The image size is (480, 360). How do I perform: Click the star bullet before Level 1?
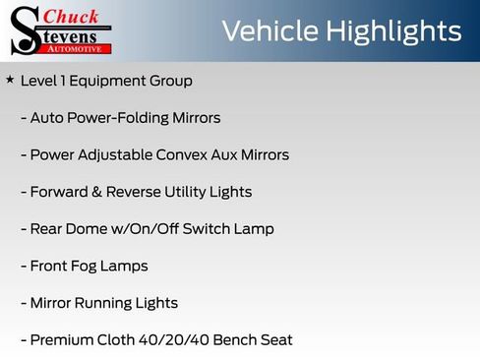click(10, 80)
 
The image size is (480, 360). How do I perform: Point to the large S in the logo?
click(24, 31)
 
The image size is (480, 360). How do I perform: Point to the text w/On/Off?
click(149, 229)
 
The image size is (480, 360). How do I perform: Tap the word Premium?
click(61, 340)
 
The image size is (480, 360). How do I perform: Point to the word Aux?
click(236, 154)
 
